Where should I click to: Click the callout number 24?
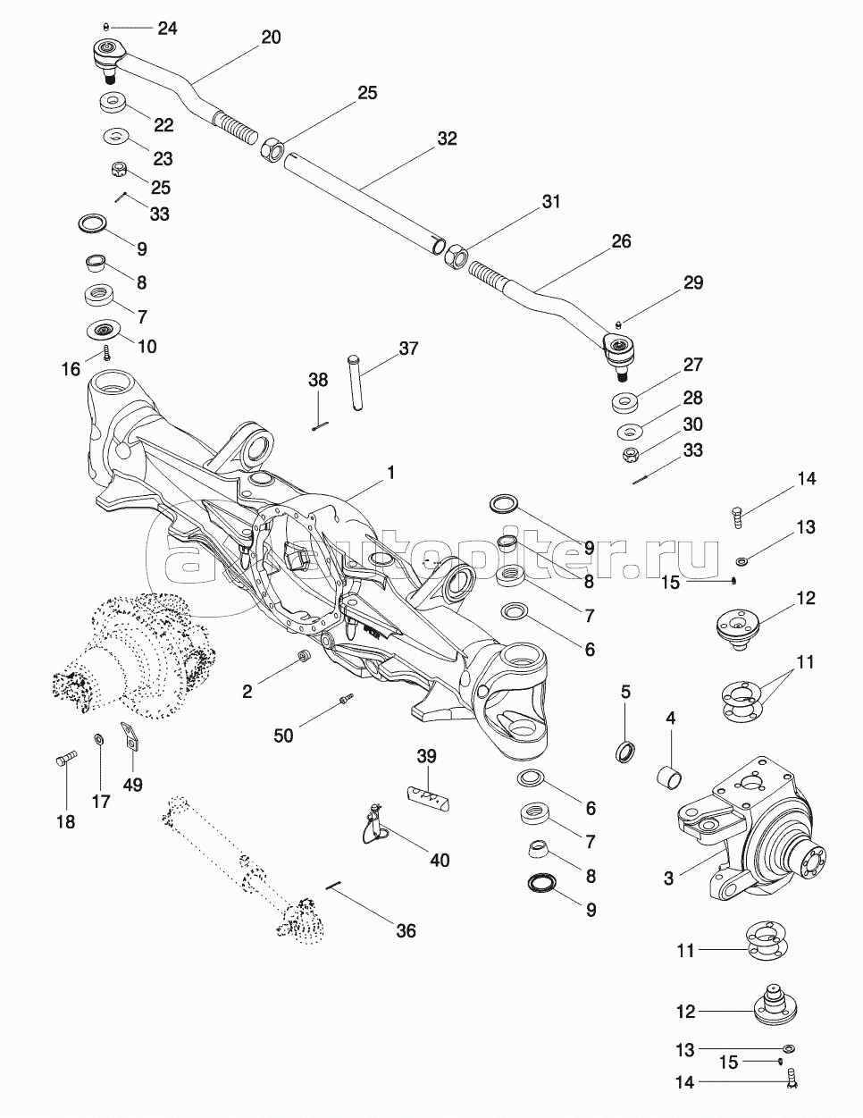[168, 29]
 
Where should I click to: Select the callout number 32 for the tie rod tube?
[447, 139]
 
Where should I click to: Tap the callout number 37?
[408, 348]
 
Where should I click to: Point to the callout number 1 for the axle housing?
[390, 472]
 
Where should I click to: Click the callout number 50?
[283, 736]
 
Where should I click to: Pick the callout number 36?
[406, 931]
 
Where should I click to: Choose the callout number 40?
[440, 860]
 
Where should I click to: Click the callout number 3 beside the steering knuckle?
[668, 878]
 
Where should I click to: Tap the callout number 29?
[693, 283]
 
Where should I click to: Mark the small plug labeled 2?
[304, 659]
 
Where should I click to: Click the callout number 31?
[550, 203]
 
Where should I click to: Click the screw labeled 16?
[106, 352]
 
